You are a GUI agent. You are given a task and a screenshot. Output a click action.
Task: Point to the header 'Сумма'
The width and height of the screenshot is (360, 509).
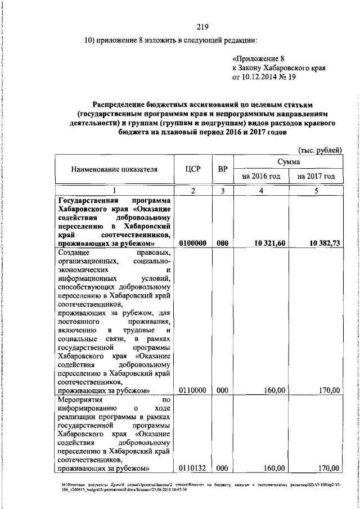[288, 161]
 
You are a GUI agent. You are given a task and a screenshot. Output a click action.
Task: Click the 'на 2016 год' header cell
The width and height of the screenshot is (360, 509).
[260, 176]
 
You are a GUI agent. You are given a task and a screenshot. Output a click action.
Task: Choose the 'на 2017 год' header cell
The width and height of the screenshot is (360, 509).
[316, 176]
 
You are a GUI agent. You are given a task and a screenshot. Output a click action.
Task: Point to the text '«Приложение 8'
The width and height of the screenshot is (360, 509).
[259, 58]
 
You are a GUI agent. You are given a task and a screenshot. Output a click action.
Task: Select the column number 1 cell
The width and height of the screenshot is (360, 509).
[114, 191]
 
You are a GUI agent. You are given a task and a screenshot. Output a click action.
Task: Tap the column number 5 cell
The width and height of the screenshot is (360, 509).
[316, 191]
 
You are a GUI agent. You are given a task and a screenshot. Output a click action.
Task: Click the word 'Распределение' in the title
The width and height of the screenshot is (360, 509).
[121, 105]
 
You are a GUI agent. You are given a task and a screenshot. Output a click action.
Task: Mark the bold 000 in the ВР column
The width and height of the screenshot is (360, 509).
[223, 242]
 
